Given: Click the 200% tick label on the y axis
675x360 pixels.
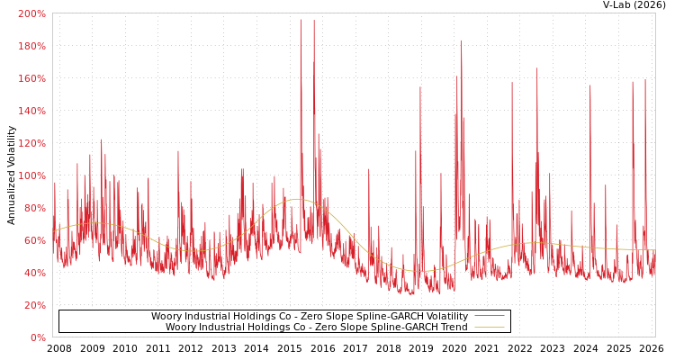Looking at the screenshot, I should click(31, 14).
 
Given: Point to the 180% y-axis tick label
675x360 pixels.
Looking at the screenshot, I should click(31, 47).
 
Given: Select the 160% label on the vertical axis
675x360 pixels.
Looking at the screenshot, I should click(31, 79).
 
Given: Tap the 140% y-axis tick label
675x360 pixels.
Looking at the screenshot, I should click(31, 112).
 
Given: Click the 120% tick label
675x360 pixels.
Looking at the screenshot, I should click(31, 144).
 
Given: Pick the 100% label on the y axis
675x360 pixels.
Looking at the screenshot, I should click(31, 176).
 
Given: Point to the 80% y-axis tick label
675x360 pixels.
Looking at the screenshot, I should click(34, 209).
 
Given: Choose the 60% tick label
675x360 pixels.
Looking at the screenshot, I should click(34, 241).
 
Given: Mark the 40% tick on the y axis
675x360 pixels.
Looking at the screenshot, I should click(34, 274).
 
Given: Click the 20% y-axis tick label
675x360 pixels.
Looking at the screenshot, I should click(34, 306).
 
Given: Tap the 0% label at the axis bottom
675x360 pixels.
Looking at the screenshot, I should click(38, 338).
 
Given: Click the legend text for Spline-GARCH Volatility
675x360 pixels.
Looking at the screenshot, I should click(309, 317).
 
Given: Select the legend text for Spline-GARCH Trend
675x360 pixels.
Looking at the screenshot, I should click(316, 328).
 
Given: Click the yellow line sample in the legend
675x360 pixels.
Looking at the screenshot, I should click(489, 328).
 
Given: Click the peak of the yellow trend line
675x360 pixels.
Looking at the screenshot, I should click(298, 199).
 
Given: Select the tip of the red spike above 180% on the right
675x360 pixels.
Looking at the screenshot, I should click(461, 40).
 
